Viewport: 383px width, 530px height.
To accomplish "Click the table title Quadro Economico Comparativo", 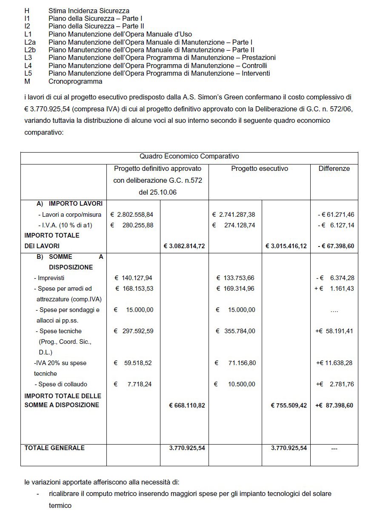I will coord(189,156).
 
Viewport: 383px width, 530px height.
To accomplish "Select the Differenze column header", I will coord(334,169).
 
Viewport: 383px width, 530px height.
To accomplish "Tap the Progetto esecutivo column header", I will coord(260,169).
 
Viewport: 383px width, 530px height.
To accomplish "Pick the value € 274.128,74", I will coord(234,225).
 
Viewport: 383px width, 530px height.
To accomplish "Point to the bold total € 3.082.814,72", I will coord(184,246).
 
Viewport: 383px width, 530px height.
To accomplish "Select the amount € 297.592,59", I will coord(134,331).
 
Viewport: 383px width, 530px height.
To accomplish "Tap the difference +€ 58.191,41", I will coord(334,331).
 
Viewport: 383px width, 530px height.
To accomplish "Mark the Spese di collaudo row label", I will coord(60,384).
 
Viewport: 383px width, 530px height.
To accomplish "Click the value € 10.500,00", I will coord(235,384).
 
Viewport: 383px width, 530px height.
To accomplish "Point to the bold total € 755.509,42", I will coord(289,405).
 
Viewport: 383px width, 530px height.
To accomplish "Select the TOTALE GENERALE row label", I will coord(54,448).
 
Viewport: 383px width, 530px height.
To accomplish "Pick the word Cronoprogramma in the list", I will coord(75,81).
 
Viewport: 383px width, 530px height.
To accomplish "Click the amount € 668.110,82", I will coord(187,405).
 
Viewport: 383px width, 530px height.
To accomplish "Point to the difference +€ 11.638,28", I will coord(334,363).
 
